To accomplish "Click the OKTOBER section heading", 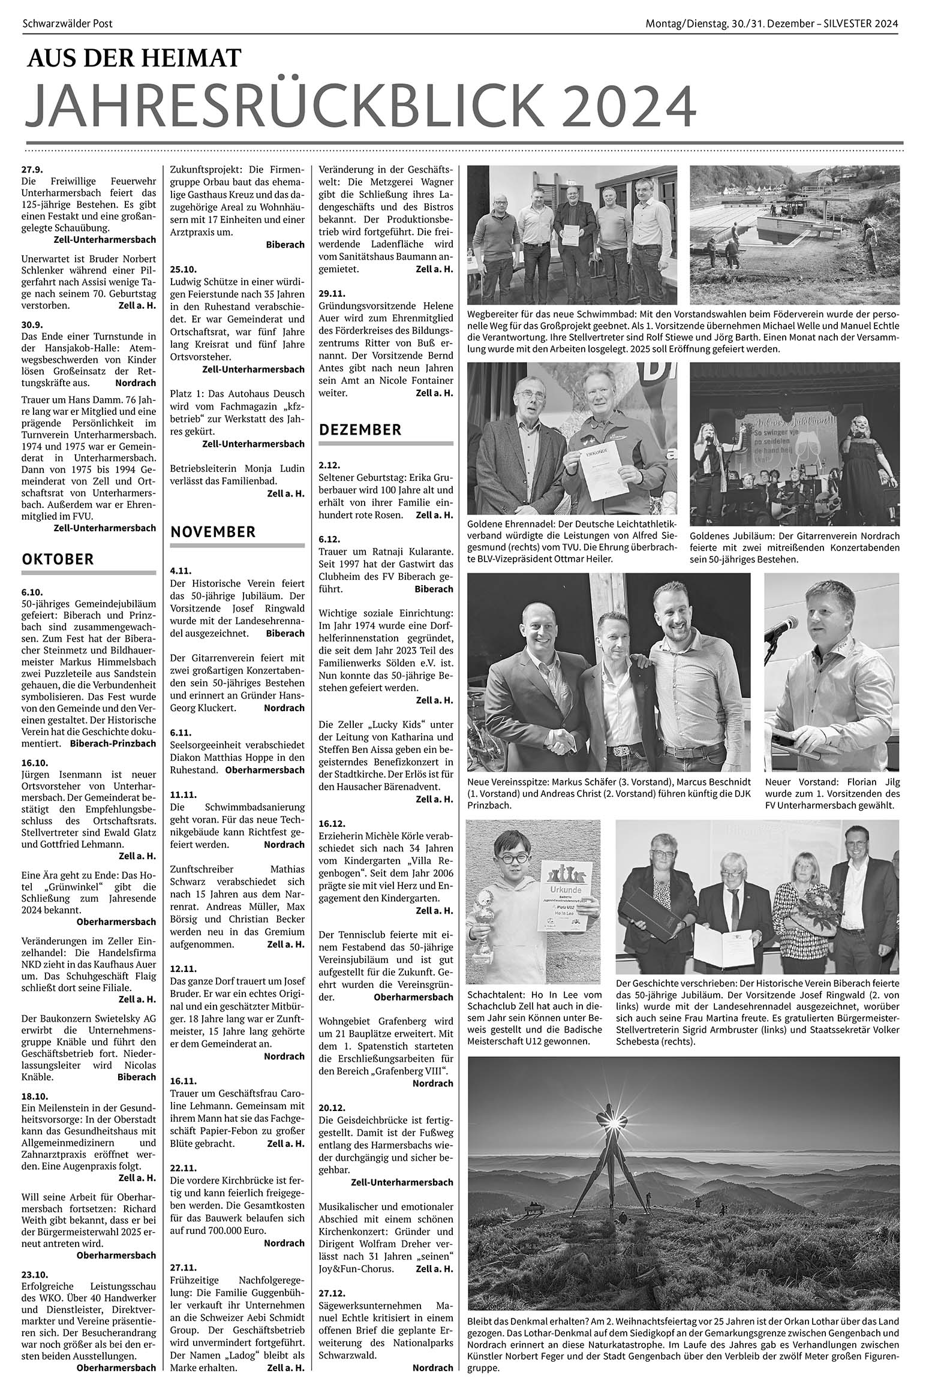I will click(58, 559).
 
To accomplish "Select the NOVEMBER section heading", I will click(213, 532).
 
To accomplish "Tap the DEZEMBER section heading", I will click(360, 430).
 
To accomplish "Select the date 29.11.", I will click(332, 294).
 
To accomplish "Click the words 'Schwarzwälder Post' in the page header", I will click(67, 24).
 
